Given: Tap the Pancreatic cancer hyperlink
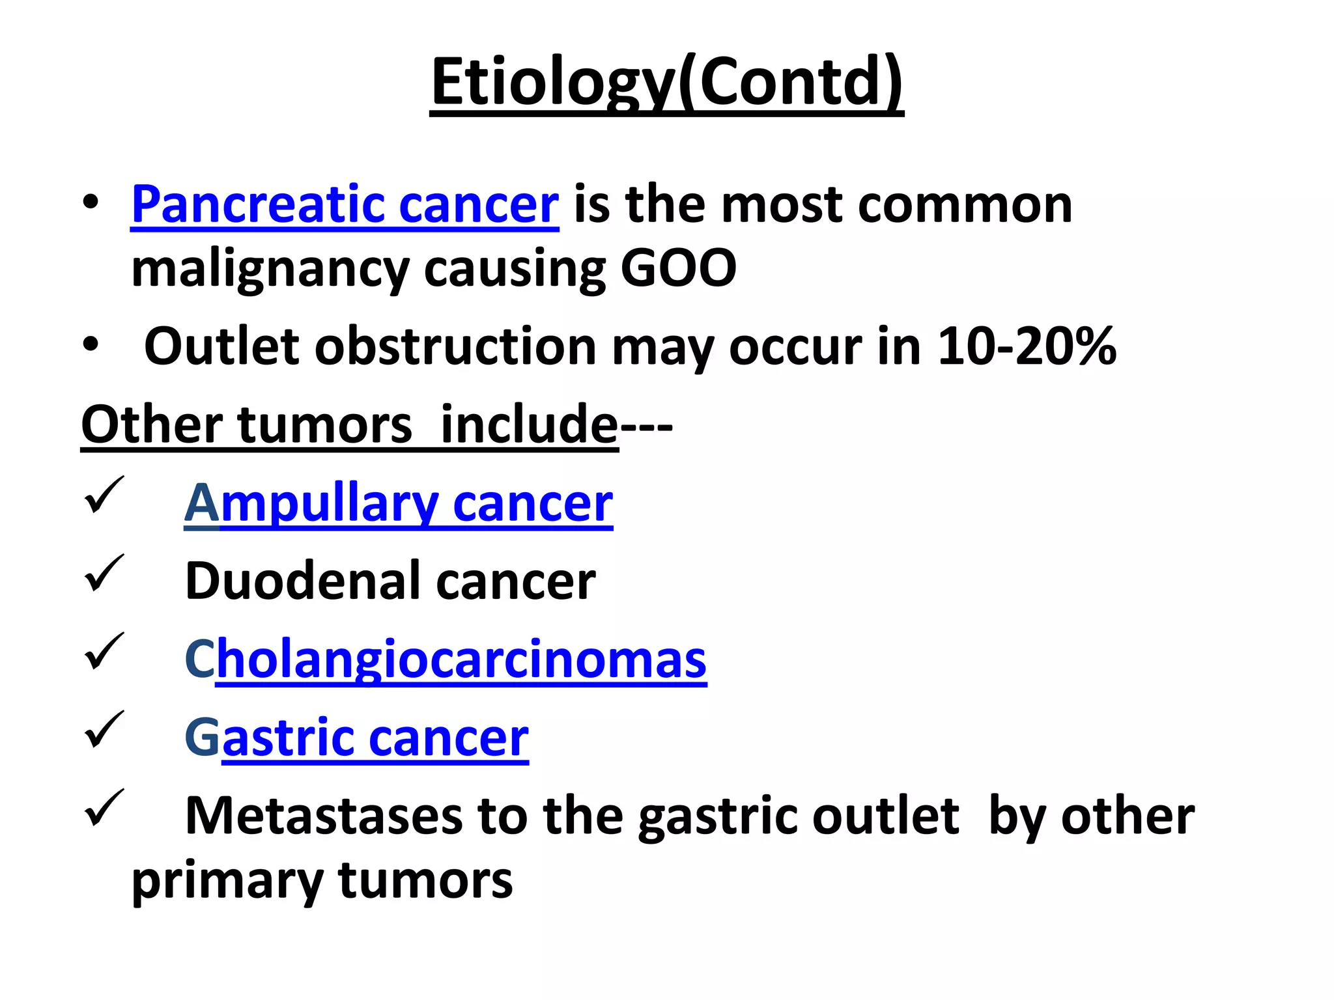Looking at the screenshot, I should (x=345, y=204).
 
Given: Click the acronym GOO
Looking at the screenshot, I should (x=678, y=268).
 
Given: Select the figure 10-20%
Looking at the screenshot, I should (x=1027, y=346).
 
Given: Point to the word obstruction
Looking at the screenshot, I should (x=455, y=346).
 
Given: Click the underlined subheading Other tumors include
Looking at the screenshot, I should (x=349, y=424).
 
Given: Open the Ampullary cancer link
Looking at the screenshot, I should (x=398, y=503).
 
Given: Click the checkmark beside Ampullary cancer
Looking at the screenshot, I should (x=104, y=495).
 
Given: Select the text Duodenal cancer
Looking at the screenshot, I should (x=390, y=581).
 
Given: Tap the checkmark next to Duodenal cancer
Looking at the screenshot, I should (x=104, y=574).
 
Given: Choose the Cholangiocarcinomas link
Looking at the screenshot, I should (x=446, y=659).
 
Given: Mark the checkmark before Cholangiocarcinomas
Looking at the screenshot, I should (x=104, y=651).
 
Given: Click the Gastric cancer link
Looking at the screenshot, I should (x=356, y=737).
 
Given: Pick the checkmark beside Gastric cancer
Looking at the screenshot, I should (x=104, y=729).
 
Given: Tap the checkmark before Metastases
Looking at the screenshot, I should (x=104, y=808).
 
